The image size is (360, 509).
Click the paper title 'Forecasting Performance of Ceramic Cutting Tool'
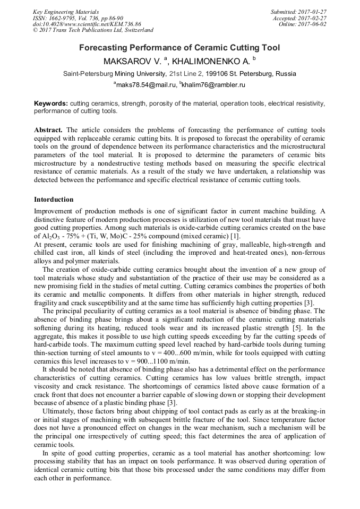179,48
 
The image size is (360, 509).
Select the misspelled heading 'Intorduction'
54,200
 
